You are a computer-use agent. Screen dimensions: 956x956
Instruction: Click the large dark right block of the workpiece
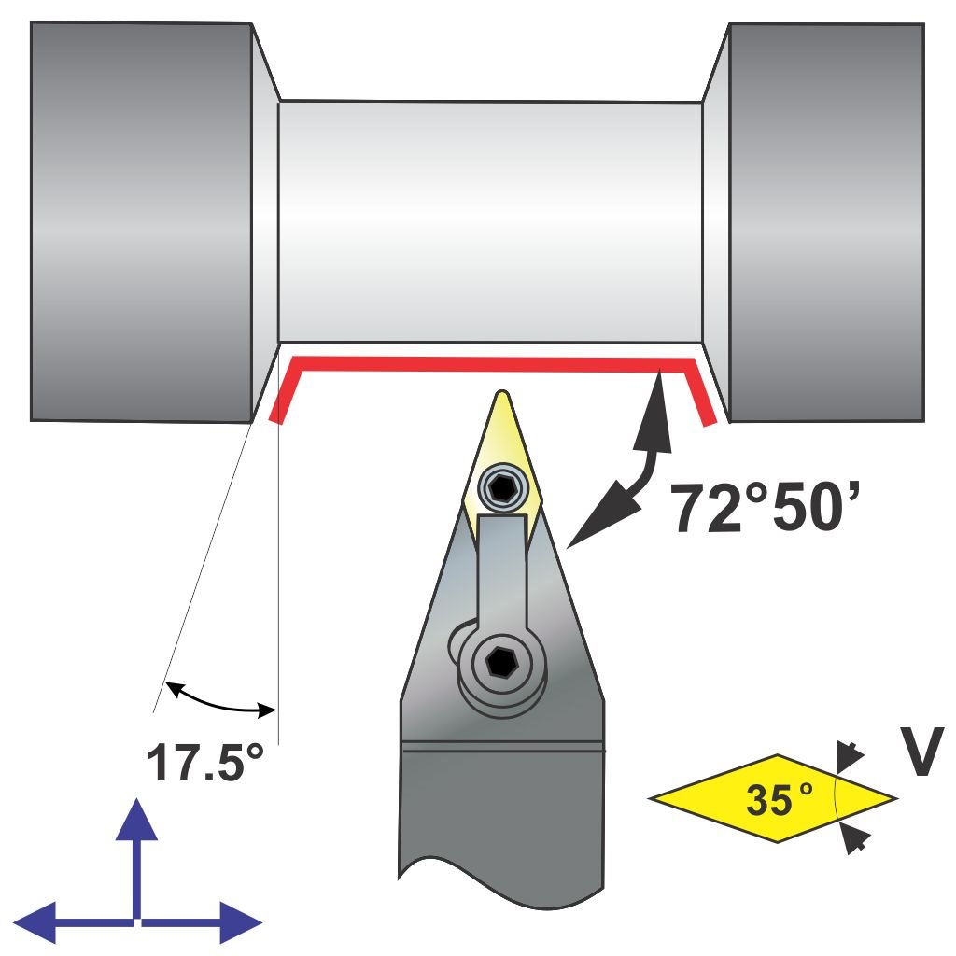pyautogui.click(x=825, y=220)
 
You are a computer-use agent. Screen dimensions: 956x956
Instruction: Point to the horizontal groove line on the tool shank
pyautogui.click(x=502, y=745)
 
